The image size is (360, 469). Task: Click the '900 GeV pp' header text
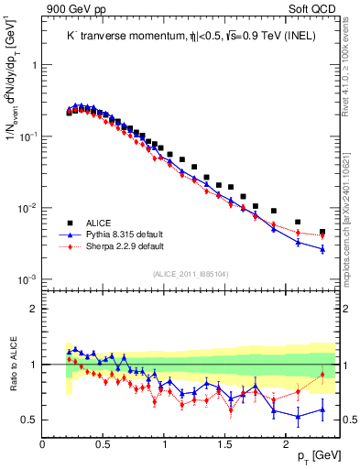coord(73,9)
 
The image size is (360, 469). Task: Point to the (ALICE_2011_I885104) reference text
coord(191,272)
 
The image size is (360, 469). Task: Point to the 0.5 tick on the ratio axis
coord(30,420)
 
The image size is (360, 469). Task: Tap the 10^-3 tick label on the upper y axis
coord(26,279)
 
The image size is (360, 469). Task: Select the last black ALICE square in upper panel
coord(322,233)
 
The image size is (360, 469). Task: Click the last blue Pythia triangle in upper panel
coord(322,248)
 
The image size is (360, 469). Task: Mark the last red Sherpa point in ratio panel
coord(322,374)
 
